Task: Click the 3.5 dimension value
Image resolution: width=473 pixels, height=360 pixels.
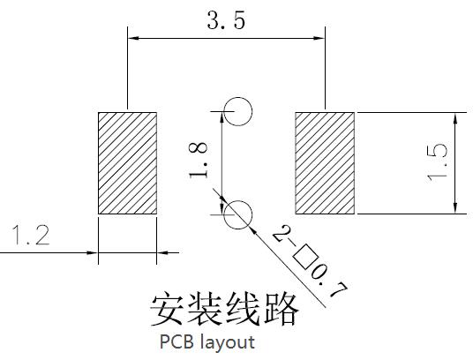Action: [x=226, y=20]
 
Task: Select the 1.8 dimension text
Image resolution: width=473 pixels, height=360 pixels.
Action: [x=199, y=160]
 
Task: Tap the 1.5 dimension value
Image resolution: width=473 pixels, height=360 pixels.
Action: [x=437, y=163]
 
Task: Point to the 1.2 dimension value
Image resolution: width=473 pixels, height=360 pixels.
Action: [x=31, y=236]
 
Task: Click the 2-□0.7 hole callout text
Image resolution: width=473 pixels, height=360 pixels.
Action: [x=310, y=260]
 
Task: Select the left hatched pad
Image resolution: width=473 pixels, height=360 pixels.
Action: [x=127, y=163]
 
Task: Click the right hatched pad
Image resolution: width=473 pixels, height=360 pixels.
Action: [x=325, y=163]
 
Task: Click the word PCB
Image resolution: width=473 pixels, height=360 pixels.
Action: [x=176, y=341]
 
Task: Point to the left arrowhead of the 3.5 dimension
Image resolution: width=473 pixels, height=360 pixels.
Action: [x=133, y=38]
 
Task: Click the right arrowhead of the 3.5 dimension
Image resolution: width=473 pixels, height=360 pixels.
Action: [x=319, y=38]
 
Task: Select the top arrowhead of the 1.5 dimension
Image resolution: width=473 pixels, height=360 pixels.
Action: [x=455, y=118]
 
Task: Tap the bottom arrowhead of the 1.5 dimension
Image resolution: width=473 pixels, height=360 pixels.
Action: [x=455, y=208]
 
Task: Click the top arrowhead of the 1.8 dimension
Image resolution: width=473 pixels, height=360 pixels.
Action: [x=222, y=117]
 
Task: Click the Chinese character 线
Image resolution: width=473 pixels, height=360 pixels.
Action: [x=244, y=309]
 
